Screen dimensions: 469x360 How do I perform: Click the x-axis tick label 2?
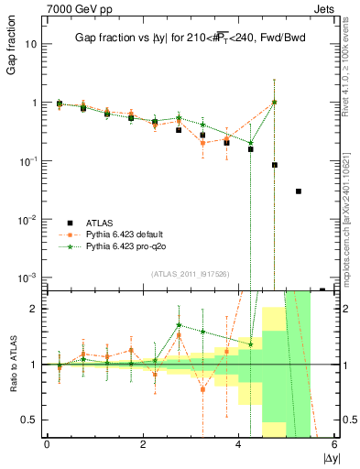point(142,444)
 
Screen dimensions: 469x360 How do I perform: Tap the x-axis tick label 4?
point(238,444)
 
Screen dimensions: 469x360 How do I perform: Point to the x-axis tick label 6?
point(334,444)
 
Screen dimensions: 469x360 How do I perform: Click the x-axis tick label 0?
point(47,444)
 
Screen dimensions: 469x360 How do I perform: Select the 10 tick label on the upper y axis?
point(30,44)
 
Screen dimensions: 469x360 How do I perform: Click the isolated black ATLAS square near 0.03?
point(299,191)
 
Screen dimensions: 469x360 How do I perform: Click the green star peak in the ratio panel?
point(179,324)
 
